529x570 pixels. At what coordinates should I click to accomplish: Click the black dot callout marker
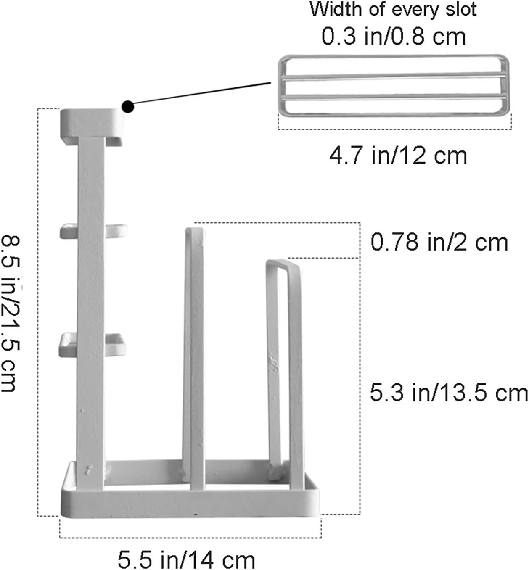tap(128, 107)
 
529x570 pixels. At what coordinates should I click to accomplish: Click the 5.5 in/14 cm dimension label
tap(186, 559)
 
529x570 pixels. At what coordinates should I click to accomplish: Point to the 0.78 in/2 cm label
tap(439, 242)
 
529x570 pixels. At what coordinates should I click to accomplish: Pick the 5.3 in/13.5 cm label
tap(449, 393)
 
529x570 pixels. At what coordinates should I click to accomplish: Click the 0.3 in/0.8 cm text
tap(394, 36)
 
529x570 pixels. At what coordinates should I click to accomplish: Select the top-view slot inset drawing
tap(394, 85)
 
